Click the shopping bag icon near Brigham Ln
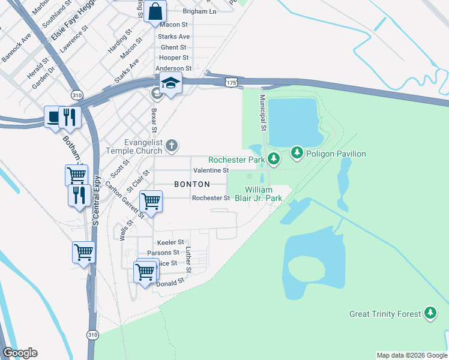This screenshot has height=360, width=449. coord(155,11)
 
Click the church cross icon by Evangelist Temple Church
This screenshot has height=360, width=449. coord(172,145)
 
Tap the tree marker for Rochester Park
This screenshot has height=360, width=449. coord(274,159)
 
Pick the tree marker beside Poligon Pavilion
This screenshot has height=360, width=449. coord(297,154)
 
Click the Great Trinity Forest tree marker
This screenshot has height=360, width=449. coord(430,313)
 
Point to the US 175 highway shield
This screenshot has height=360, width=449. coord(232,82)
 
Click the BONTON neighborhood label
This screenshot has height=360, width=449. coord(191,184)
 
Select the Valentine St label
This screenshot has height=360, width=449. coord(210,170)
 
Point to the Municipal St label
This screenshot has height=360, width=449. coord(262,113)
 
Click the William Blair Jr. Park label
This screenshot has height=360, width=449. coord(263,194)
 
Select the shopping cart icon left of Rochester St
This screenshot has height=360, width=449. coord(151,201)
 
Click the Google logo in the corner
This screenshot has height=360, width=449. coord(20,353)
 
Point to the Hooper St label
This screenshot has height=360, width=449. coord(173,58)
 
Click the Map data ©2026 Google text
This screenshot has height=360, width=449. coord(411,355)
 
